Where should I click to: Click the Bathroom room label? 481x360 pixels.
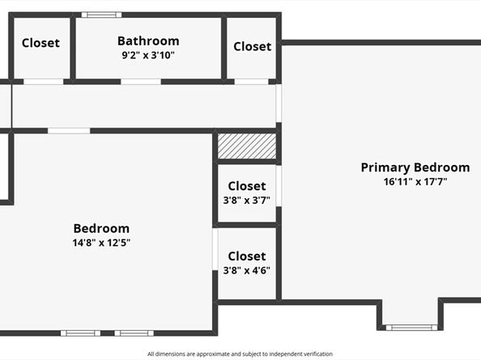pos(148,40)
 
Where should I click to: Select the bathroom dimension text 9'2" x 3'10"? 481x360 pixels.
pos(148,56)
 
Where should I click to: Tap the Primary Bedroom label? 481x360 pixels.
pos(415,167)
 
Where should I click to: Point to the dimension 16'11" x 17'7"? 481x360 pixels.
pos(415,182)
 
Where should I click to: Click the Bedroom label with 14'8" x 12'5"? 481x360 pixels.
pos(101,228)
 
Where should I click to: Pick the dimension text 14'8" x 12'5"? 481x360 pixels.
pos(101,243)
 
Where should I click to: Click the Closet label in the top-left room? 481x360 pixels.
pos(40,43)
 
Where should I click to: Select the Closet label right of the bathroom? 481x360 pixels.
pos(252,46)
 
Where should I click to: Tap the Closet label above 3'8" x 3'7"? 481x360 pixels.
pos(247,186)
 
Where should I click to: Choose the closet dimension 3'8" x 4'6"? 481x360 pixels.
pos(247,271)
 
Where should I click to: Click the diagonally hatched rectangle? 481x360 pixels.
pos(247,146)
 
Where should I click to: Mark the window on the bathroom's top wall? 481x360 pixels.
pos(101,14)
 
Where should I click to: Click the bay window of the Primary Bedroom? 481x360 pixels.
pos(411,327)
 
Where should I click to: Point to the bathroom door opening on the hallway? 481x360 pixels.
pos(140,81)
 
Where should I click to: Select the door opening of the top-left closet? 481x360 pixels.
pos(43,81)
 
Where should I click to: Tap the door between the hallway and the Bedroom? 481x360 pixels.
pos(69,130)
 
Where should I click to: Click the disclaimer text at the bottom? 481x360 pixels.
pos(240,354)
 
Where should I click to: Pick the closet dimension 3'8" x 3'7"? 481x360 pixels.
pos(247,201)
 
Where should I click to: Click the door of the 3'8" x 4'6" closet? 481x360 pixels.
pos(215,249)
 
